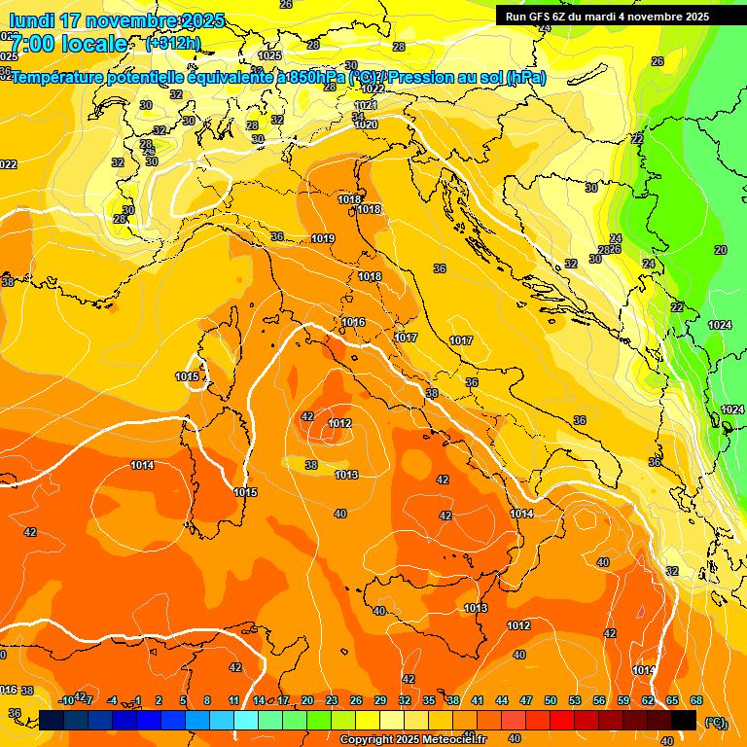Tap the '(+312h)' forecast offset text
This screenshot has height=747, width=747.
coord(172,43)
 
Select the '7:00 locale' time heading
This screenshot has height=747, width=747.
coord(68,44)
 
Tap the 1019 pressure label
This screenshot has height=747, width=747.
coord(323,238)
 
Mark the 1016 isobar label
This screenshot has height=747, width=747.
coord(353,322)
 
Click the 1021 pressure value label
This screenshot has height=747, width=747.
coord(366,105)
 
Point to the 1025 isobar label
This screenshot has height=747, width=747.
coord(269,56)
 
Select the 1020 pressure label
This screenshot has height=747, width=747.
coord(366,124)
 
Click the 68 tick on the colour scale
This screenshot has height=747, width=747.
coord(696,700)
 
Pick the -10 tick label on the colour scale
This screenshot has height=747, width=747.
coord(66,700)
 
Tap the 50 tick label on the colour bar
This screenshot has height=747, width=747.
coord(551,700)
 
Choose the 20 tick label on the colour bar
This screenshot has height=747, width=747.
coord(307,700)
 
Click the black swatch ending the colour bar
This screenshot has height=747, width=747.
coord(684,720)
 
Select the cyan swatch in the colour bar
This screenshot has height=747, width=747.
coord(246,720)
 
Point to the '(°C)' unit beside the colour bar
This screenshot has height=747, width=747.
coord(715,722)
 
